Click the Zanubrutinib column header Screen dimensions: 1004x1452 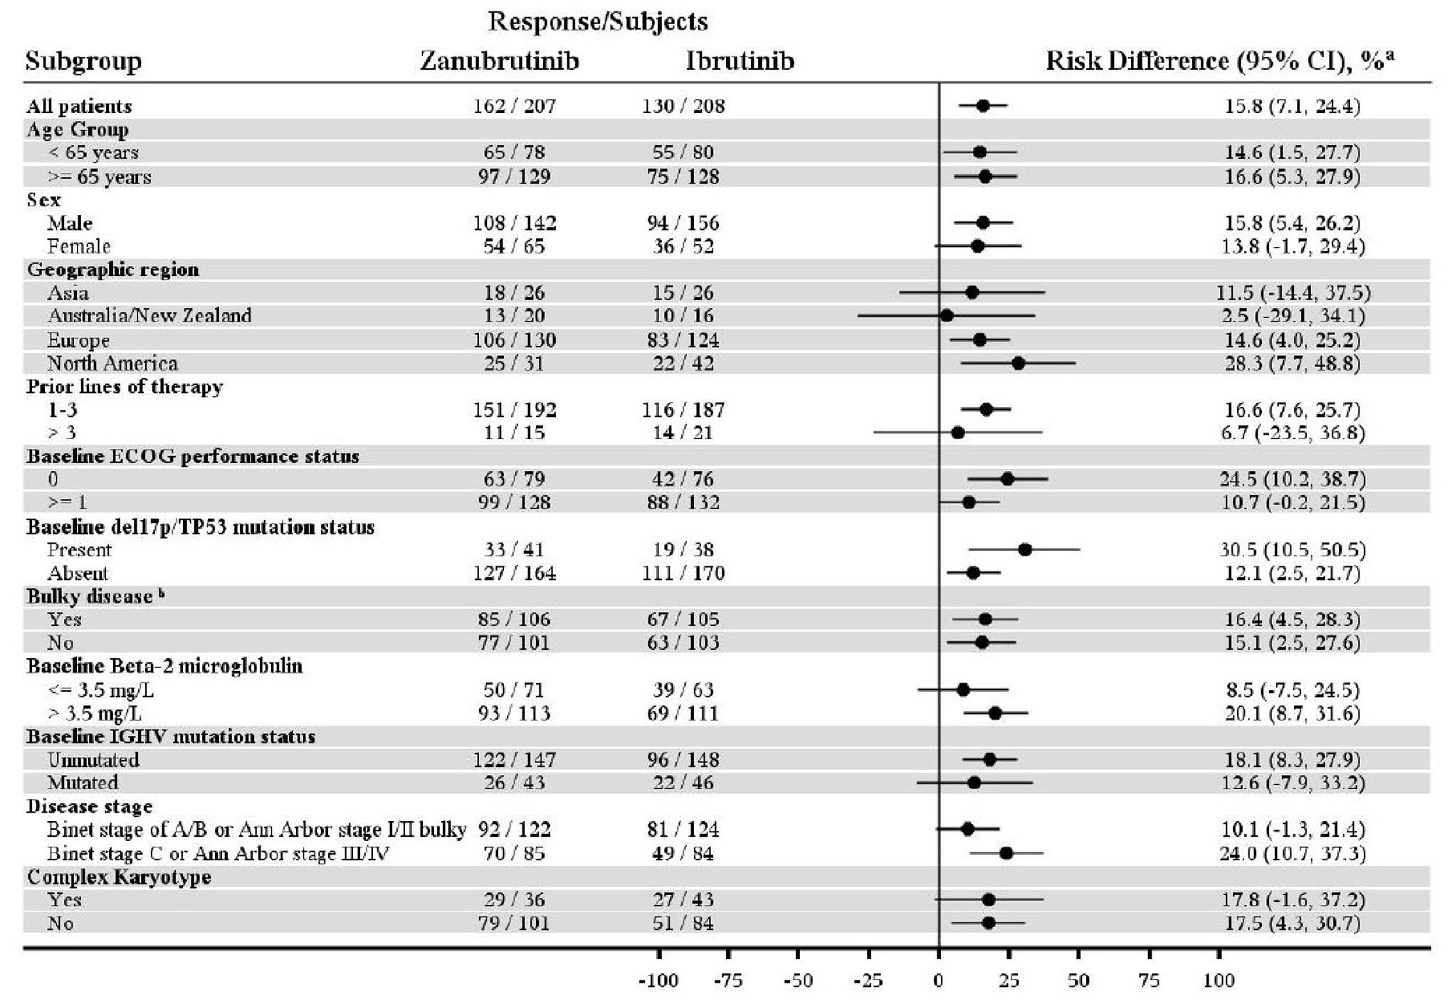click(x=499, y=61)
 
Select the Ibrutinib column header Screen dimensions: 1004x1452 click(x=740, y=61)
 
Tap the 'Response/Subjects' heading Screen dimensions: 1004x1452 click(x=598, y=22)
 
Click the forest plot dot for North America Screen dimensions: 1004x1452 click(x=1018, y=363)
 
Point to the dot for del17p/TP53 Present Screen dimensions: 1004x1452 click(x=1025, y=549)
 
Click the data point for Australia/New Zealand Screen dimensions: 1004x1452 click(x=946, y=315)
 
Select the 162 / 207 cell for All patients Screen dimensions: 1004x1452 click(x=514, y=106)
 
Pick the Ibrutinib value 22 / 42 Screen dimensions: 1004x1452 click(x=683, y=363)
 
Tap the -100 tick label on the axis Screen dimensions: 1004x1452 click(x=658, y=981)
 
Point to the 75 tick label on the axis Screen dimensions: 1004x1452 click(x=1149, y=981)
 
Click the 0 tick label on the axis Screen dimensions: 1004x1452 click(x=938, y=981)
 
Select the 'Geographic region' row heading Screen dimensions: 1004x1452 click(x=112, y=269)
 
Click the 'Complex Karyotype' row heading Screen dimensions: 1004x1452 click(x=119, y=876)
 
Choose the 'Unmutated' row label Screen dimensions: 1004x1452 click(x=93, y=759)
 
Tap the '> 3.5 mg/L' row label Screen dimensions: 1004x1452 click(x=100, y=713)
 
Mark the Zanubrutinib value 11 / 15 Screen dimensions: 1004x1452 click(x=514, y=433)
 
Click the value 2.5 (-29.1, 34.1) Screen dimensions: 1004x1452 click(x=1293, y=315)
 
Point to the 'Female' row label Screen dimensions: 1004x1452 click(x=78, y=246)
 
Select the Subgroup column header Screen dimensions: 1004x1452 click(x=83, y=61)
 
